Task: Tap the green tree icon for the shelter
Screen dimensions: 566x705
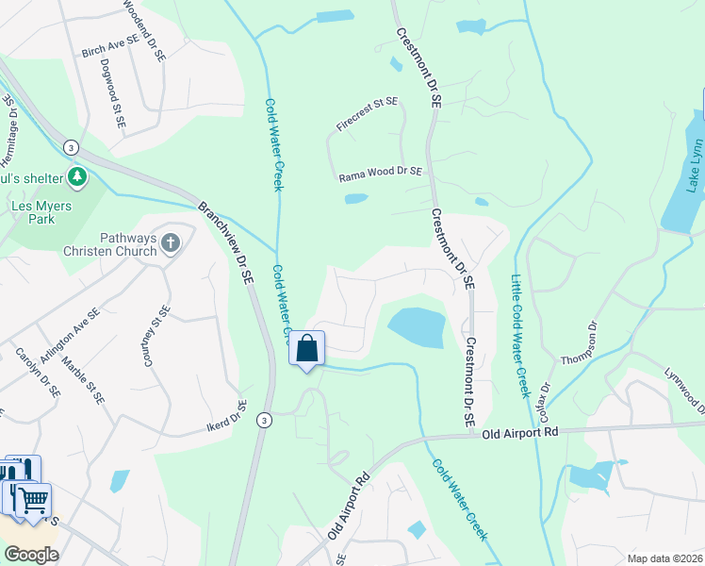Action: coord(76,177)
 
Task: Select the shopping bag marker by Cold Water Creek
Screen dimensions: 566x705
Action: coord(307,349)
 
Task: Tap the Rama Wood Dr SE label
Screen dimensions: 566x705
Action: coord(380,175)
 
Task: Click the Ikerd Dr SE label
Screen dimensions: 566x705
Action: coord(226,418)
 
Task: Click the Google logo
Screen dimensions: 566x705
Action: coord(32,555)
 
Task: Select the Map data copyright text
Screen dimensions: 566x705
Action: coord(664,558)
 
